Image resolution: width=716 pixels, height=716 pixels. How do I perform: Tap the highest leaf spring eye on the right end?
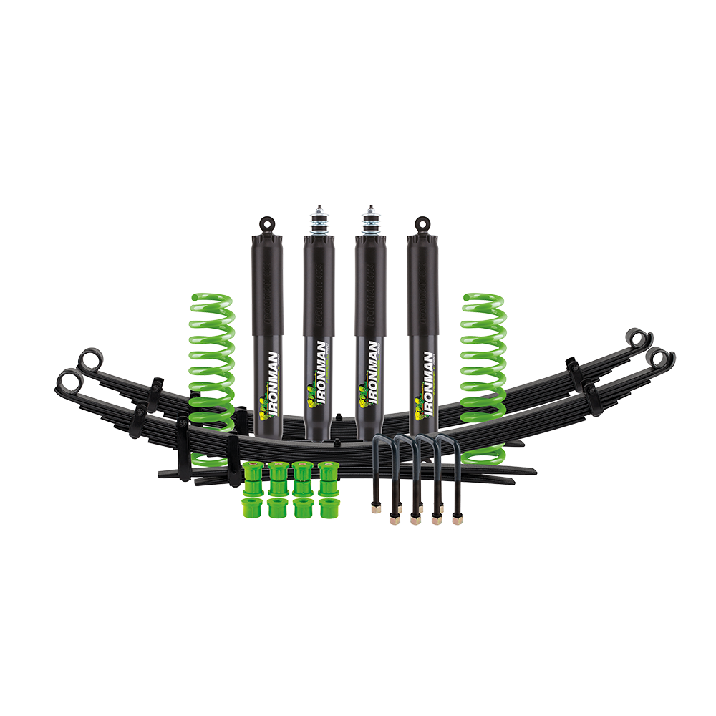pos(634,337)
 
